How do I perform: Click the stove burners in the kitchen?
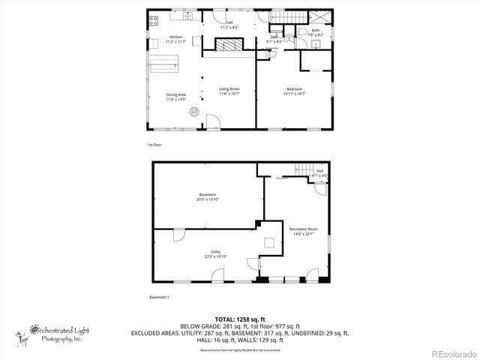click(x=154, y=20)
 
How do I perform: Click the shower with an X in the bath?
click(x=323, y=18)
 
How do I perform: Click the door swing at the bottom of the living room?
click(x=214, y=119)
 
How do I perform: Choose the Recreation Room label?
click(x=304, y=230)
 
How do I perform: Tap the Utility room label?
click(x=216, y=253)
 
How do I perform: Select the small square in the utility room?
click(x=268, y=241)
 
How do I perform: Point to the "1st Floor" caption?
click(x=154, y=144)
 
